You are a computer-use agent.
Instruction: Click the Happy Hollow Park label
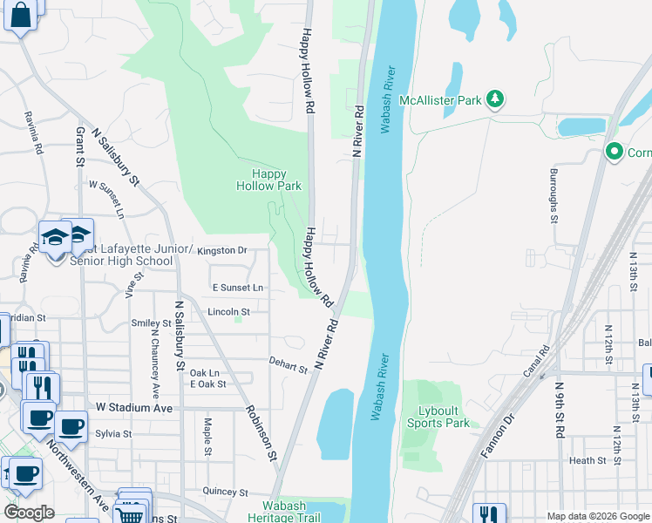pyautogui.click(x=269, y=180)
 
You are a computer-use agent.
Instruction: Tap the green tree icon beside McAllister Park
pyautogui.click(x=495, y=99)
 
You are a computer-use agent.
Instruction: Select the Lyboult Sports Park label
pyautogui.click(x=438, y=417)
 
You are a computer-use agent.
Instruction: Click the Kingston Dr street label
pyautogui.click(x=222, y=251)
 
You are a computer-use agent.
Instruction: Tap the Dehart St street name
pyautogui.click(x=289, y=365)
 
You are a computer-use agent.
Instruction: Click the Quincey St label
pyautogui.click(x=225, y=492)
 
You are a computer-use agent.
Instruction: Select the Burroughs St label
pyautogui.click(x=554, y=196)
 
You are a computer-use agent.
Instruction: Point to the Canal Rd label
pyautogui.click(x=545, y=361)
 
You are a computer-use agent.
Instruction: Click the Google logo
pyautogui.click(x=29, y=512)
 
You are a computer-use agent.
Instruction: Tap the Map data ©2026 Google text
pyautogui.click(x=597, y=516)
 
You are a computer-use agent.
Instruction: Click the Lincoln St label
pyautogui.click(x=228, y=311)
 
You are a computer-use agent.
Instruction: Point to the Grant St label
pyautogui.click(x=79, y=146)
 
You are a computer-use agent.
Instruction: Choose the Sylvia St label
pyautogui.click(x=113, y=433)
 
